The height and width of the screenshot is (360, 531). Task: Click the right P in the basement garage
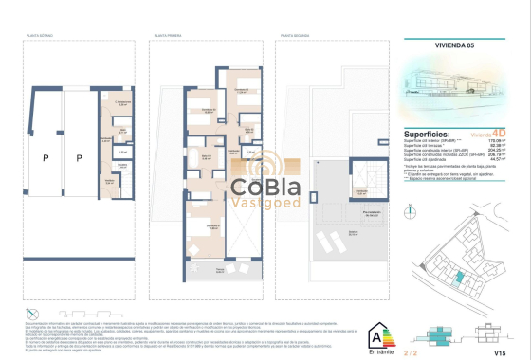point(80,158)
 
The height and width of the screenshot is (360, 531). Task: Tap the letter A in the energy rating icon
point(383,333)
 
